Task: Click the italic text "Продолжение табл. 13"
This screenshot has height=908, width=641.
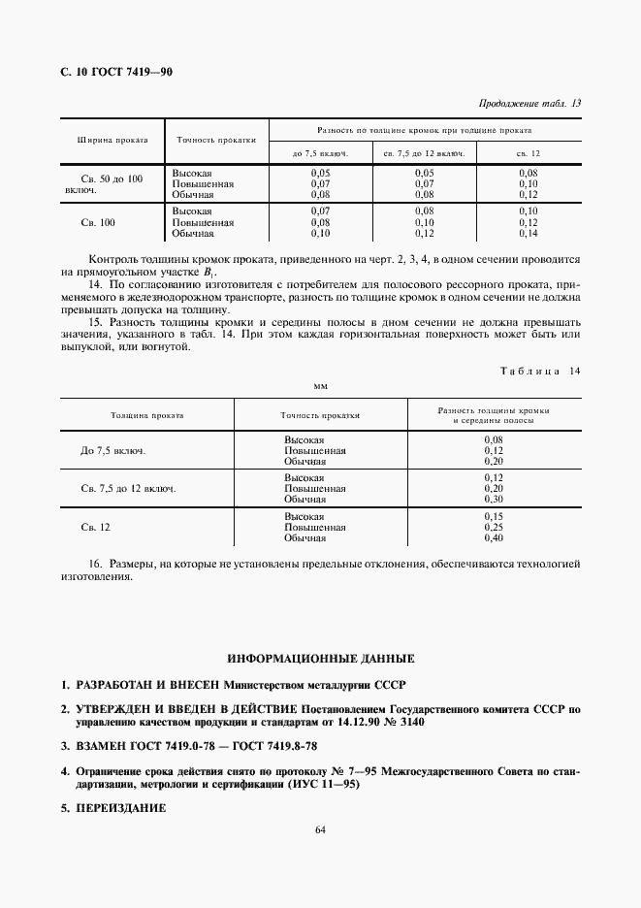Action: (x=530, y=104)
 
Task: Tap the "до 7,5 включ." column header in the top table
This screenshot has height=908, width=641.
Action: (x=320, y=153)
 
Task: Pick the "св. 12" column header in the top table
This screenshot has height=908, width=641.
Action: (x=529, y=153)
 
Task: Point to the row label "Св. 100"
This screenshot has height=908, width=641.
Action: (x=99, y=222)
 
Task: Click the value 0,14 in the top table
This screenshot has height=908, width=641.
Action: (x=529, y=234)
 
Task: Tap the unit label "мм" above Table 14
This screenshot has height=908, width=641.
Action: (x=320, y=385)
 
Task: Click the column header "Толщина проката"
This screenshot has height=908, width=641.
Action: (x=147, y=414)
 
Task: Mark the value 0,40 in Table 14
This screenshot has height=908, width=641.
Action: (x=493, y=537)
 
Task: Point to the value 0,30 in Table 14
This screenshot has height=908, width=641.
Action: (x=493, y=499)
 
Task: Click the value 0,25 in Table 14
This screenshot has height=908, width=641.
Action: (x=493, y=528)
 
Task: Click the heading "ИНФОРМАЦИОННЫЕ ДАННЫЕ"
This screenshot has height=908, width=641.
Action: (x=320, y=658)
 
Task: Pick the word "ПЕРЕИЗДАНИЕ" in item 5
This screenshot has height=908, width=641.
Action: (x=112, y=807)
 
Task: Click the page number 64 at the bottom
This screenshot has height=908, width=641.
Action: (x=320, y=856)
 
